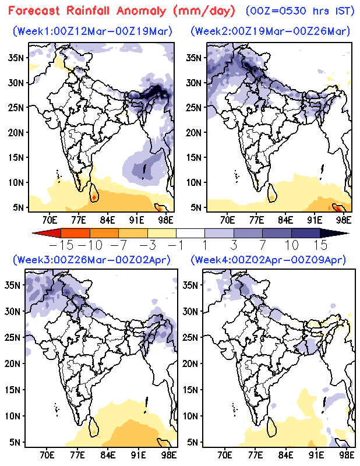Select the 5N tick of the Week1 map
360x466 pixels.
point(17,207)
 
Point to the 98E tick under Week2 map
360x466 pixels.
point(344,220)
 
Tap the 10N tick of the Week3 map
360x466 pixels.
point(15,416)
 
